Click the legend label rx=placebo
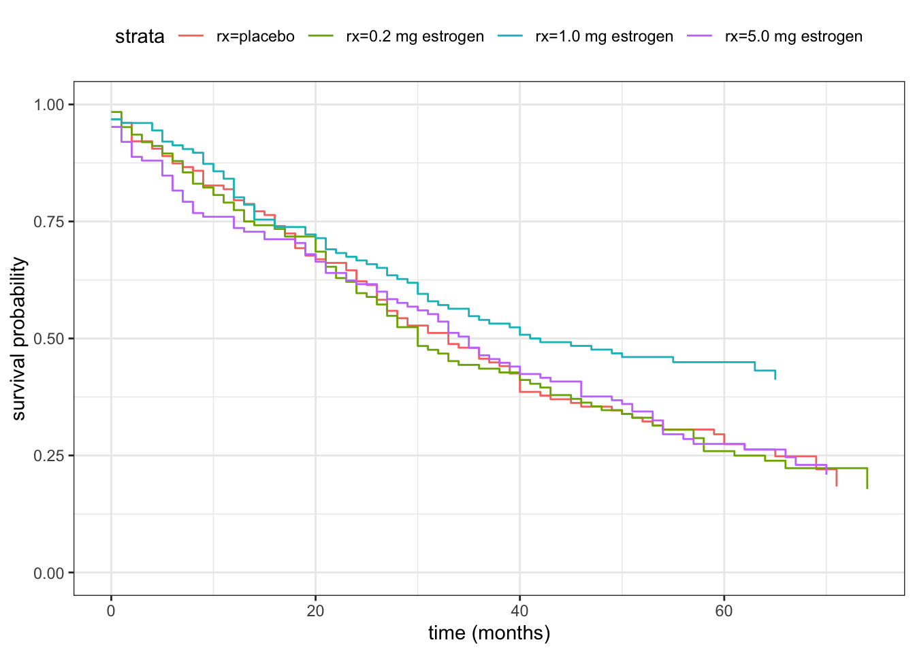[x=255, y=37]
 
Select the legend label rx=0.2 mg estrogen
[x=415, y=37]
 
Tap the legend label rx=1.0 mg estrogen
[x=604, y=37]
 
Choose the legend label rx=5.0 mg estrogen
[x=793, y=37]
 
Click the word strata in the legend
[x=140, y=37]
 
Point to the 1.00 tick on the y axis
[x=50, y=105]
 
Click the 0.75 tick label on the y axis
[x=50, y=222]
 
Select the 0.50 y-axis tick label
[x=50, y=339]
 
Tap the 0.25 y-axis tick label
[x=50, y=456]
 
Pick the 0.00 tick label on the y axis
[x=50, y=573]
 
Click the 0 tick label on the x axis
[x=111, y=611]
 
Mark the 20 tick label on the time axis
[x=315, y=611]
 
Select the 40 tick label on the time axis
[x=519, y=611]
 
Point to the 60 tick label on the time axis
[x=724, y=611]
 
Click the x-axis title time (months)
[x=489, y=634]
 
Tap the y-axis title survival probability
[x=19, y=339]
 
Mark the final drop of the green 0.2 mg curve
[x=867, y=479]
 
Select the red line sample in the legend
[x=191, y=37]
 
